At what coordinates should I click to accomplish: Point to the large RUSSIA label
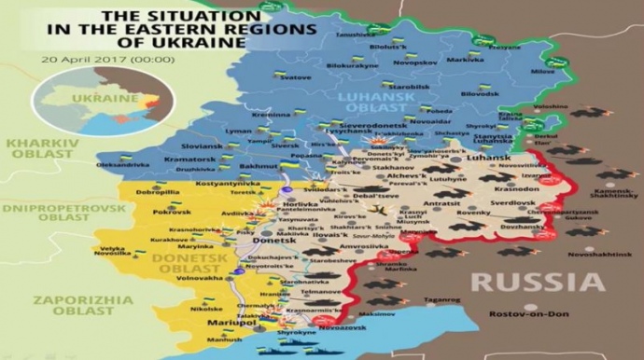point(537,282)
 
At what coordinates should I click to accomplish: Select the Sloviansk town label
point(203,146)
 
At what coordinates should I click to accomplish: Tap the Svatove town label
point(296,77)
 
